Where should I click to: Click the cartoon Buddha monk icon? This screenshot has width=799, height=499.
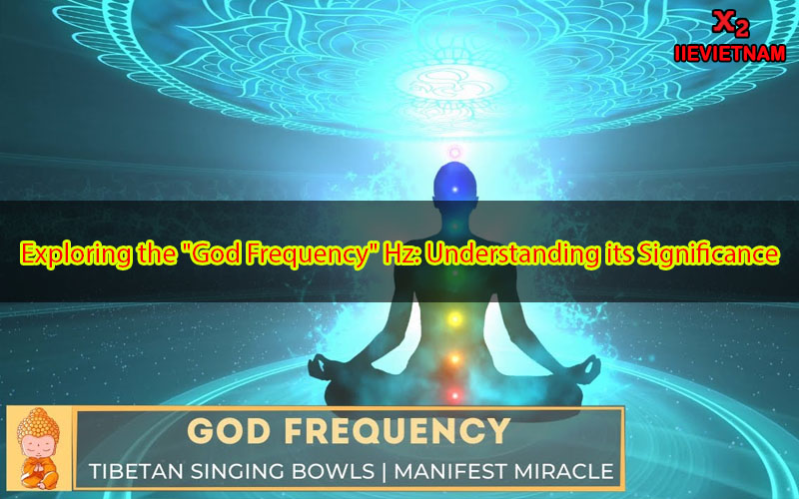(x=38, y=448)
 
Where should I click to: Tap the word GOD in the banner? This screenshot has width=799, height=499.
(x=230, y=431)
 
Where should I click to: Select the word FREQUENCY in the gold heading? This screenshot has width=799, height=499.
(x=398, y=431)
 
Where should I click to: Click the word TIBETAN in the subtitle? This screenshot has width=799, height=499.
(x=131, y=471)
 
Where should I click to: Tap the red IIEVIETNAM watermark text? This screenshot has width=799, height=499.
(x=730, y=54)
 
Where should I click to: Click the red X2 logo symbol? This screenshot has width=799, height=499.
(x=731, y=24)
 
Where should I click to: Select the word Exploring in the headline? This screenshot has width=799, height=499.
(x=76, y=254)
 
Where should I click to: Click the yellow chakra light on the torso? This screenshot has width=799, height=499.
(x=454, y=319)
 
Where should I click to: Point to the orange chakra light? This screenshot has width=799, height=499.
(x=454, y=359)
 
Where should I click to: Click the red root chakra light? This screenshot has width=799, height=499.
(x=454, y=394)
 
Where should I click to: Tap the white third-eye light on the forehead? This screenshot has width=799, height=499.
(x=455, y=190)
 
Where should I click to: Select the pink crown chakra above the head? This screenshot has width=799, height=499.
(x=454, y=152)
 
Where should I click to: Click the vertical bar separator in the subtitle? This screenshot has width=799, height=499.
(x=385, y=471)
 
